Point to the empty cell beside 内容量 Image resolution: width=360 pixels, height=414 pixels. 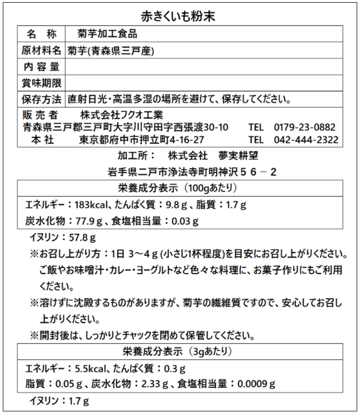pyautogui.click(x=204, y=66)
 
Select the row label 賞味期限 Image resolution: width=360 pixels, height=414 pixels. pyautogui.click(x=41, y=83)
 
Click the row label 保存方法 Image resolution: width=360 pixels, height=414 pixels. pyautogui.click(x=41, y=99)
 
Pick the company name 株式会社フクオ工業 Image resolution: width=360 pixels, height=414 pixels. pyautogui.click(x=121, y=115)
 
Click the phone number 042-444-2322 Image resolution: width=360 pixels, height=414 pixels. pyautogui.click(x=306, y=140)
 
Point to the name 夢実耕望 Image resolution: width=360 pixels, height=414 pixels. pyautogui.click(x=236, y=155)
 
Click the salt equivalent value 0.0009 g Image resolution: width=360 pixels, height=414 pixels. pyautogui.click(x=256, y=384)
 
